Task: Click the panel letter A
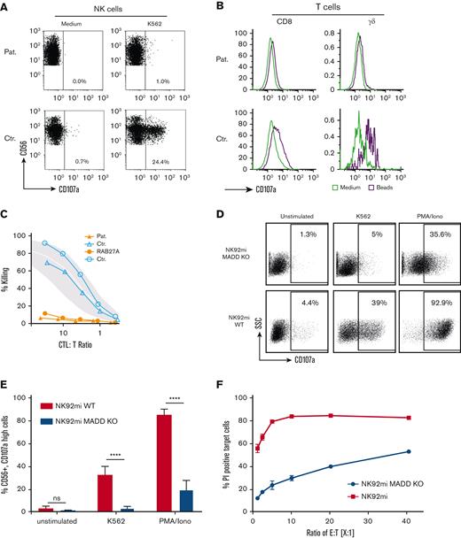[6, 8]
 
